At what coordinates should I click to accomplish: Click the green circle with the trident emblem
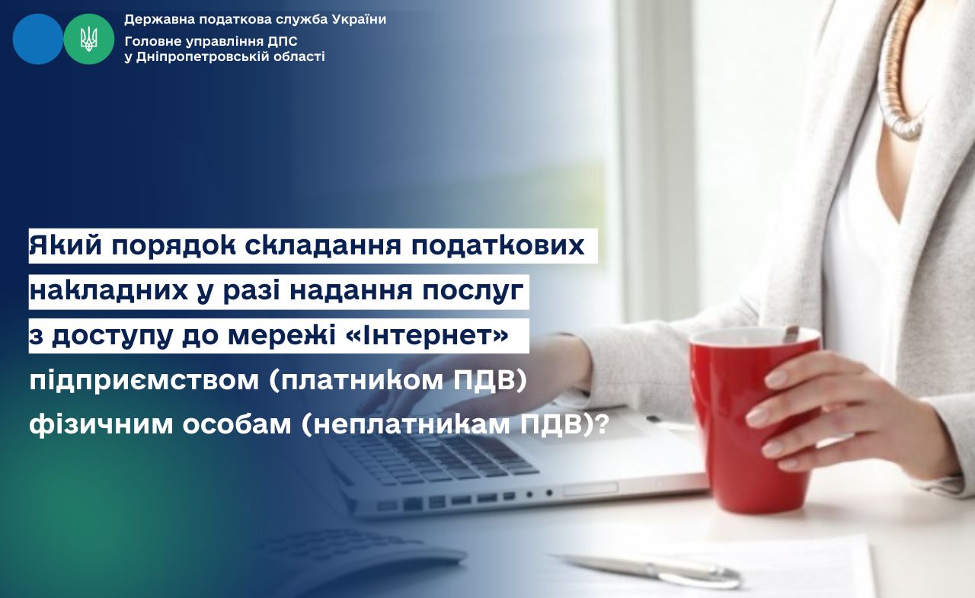click(x=89, y=39)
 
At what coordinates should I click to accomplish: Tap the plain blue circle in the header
click(x=38, y=39)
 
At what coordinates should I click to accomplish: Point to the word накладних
click(x=109, y=291)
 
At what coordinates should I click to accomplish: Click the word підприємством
click(x=145, y=381)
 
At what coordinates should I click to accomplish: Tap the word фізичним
click(x=101, y=425)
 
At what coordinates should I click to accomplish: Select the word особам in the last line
click(x=236, y=425)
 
